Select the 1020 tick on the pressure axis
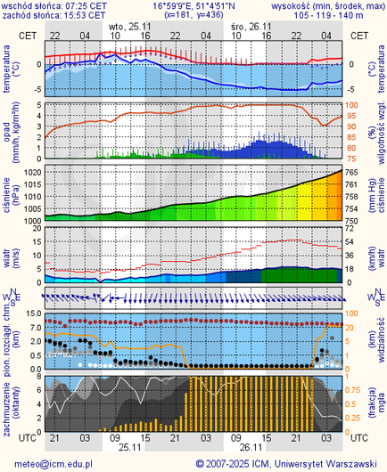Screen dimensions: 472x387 (x=31, y=171)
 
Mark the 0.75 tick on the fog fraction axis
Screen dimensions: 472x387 (x=356, y=389)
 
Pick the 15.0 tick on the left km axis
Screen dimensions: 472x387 (x=30, y=313)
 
